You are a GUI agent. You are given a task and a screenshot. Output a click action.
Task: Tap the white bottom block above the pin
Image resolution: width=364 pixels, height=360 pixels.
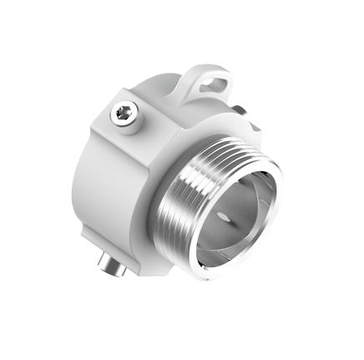(x=125, y=251)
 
